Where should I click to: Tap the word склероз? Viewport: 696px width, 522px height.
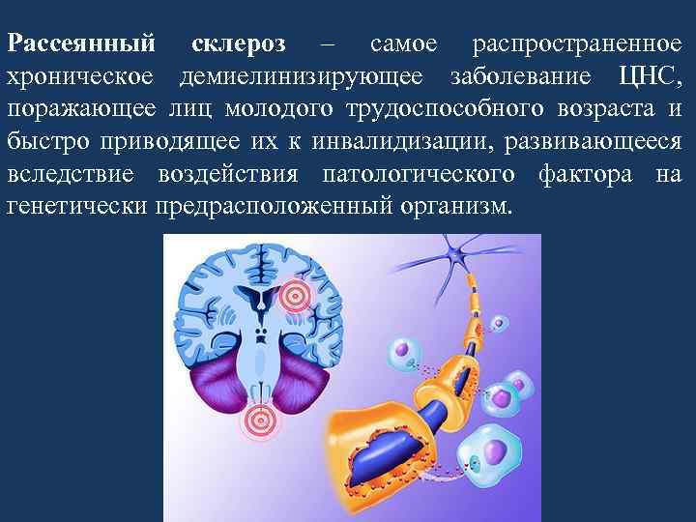point(233,44)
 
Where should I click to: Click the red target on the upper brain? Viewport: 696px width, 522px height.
point(292,295)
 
